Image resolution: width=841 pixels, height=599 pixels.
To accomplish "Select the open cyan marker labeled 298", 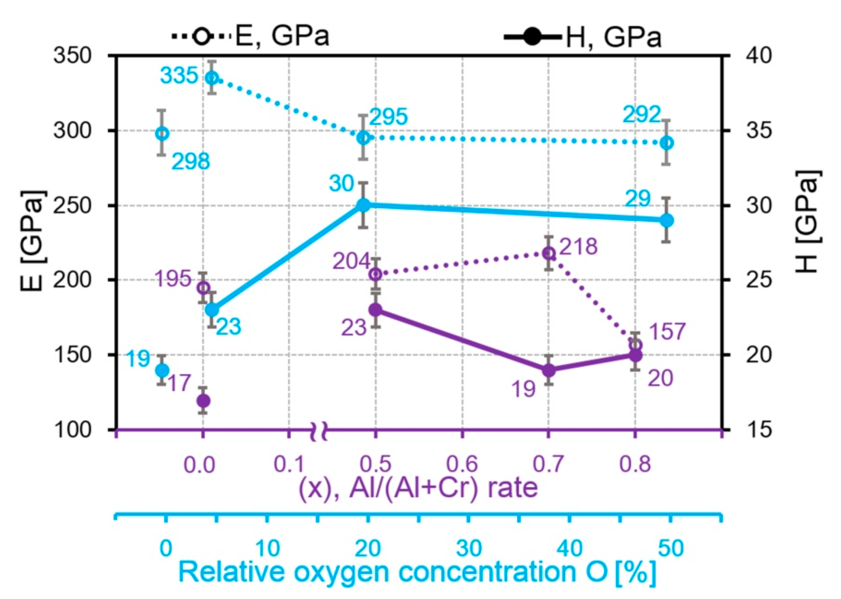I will click(162, 134).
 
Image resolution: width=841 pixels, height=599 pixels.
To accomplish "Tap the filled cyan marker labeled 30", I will click(364, 205).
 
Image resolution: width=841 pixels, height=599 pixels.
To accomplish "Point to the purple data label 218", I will click(578, 246).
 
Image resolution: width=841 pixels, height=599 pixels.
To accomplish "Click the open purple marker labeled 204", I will click(376, 274).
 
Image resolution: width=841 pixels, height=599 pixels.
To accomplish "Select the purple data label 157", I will click(667, 331).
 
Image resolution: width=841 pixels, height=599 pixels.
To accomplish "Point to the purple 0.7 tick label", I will click(548, 464).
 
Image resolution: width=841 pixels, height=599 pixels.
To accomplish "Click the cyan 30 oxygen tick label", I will click(469, 549).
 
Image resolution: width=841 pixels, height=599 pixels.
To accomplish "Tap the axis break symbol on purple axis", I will click(320, 430).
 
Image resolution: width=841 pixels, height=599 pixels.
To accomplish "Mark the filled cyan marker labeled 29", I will click(666, 221).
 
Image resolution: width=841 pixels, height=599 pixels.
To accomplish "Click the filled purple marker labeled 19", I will click(549, 370).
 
